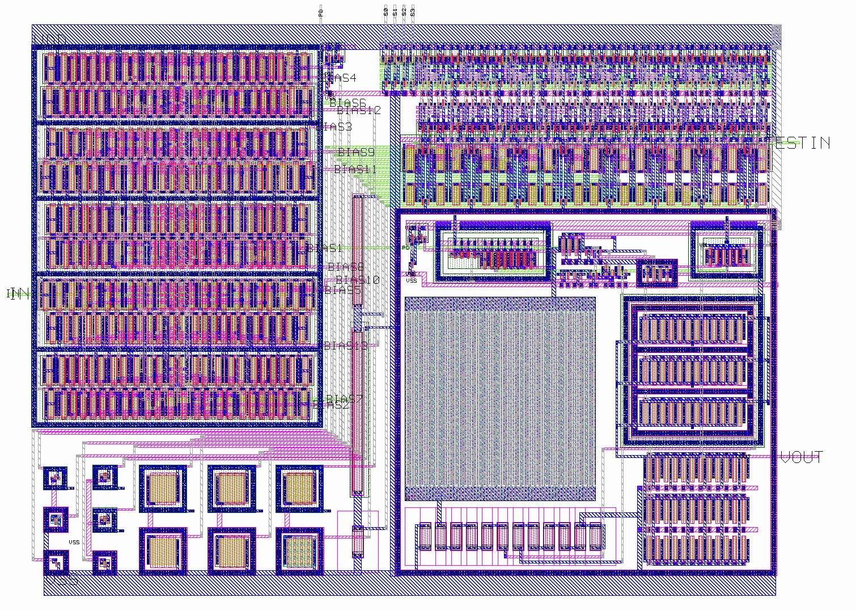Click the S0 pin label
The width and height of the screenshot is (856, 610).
(385, 11)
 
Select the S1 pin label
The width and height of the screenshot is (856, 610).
(395, 11)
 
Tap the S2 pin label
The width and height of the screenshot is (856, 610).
(404, 11)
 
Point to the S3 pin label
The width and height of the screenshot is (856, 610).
(413, 11)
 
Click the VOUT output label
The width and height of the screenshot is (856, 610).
(802, 457)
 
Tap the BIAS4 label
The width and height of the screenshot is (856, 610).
(340, 78)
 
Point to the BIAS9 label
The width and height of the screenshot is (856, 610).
(357, 153)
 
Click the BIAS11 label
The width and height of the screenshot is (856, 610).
(355, 169)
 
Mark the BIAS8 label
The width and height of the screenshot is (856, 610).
(345, 267)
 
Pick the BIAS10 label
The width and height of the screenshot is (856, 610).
(357, 280)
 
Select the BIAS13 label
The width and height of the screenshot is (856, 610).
(346, 346)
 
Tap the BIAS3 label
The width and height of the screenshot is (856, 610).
(338, 127)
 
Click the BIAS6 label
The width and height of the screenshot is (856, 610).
(348, 103)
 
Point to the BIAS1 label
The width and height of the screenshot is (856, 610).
(324, 248)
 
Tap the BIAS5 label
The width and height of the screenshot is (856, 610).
(342, 290)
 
